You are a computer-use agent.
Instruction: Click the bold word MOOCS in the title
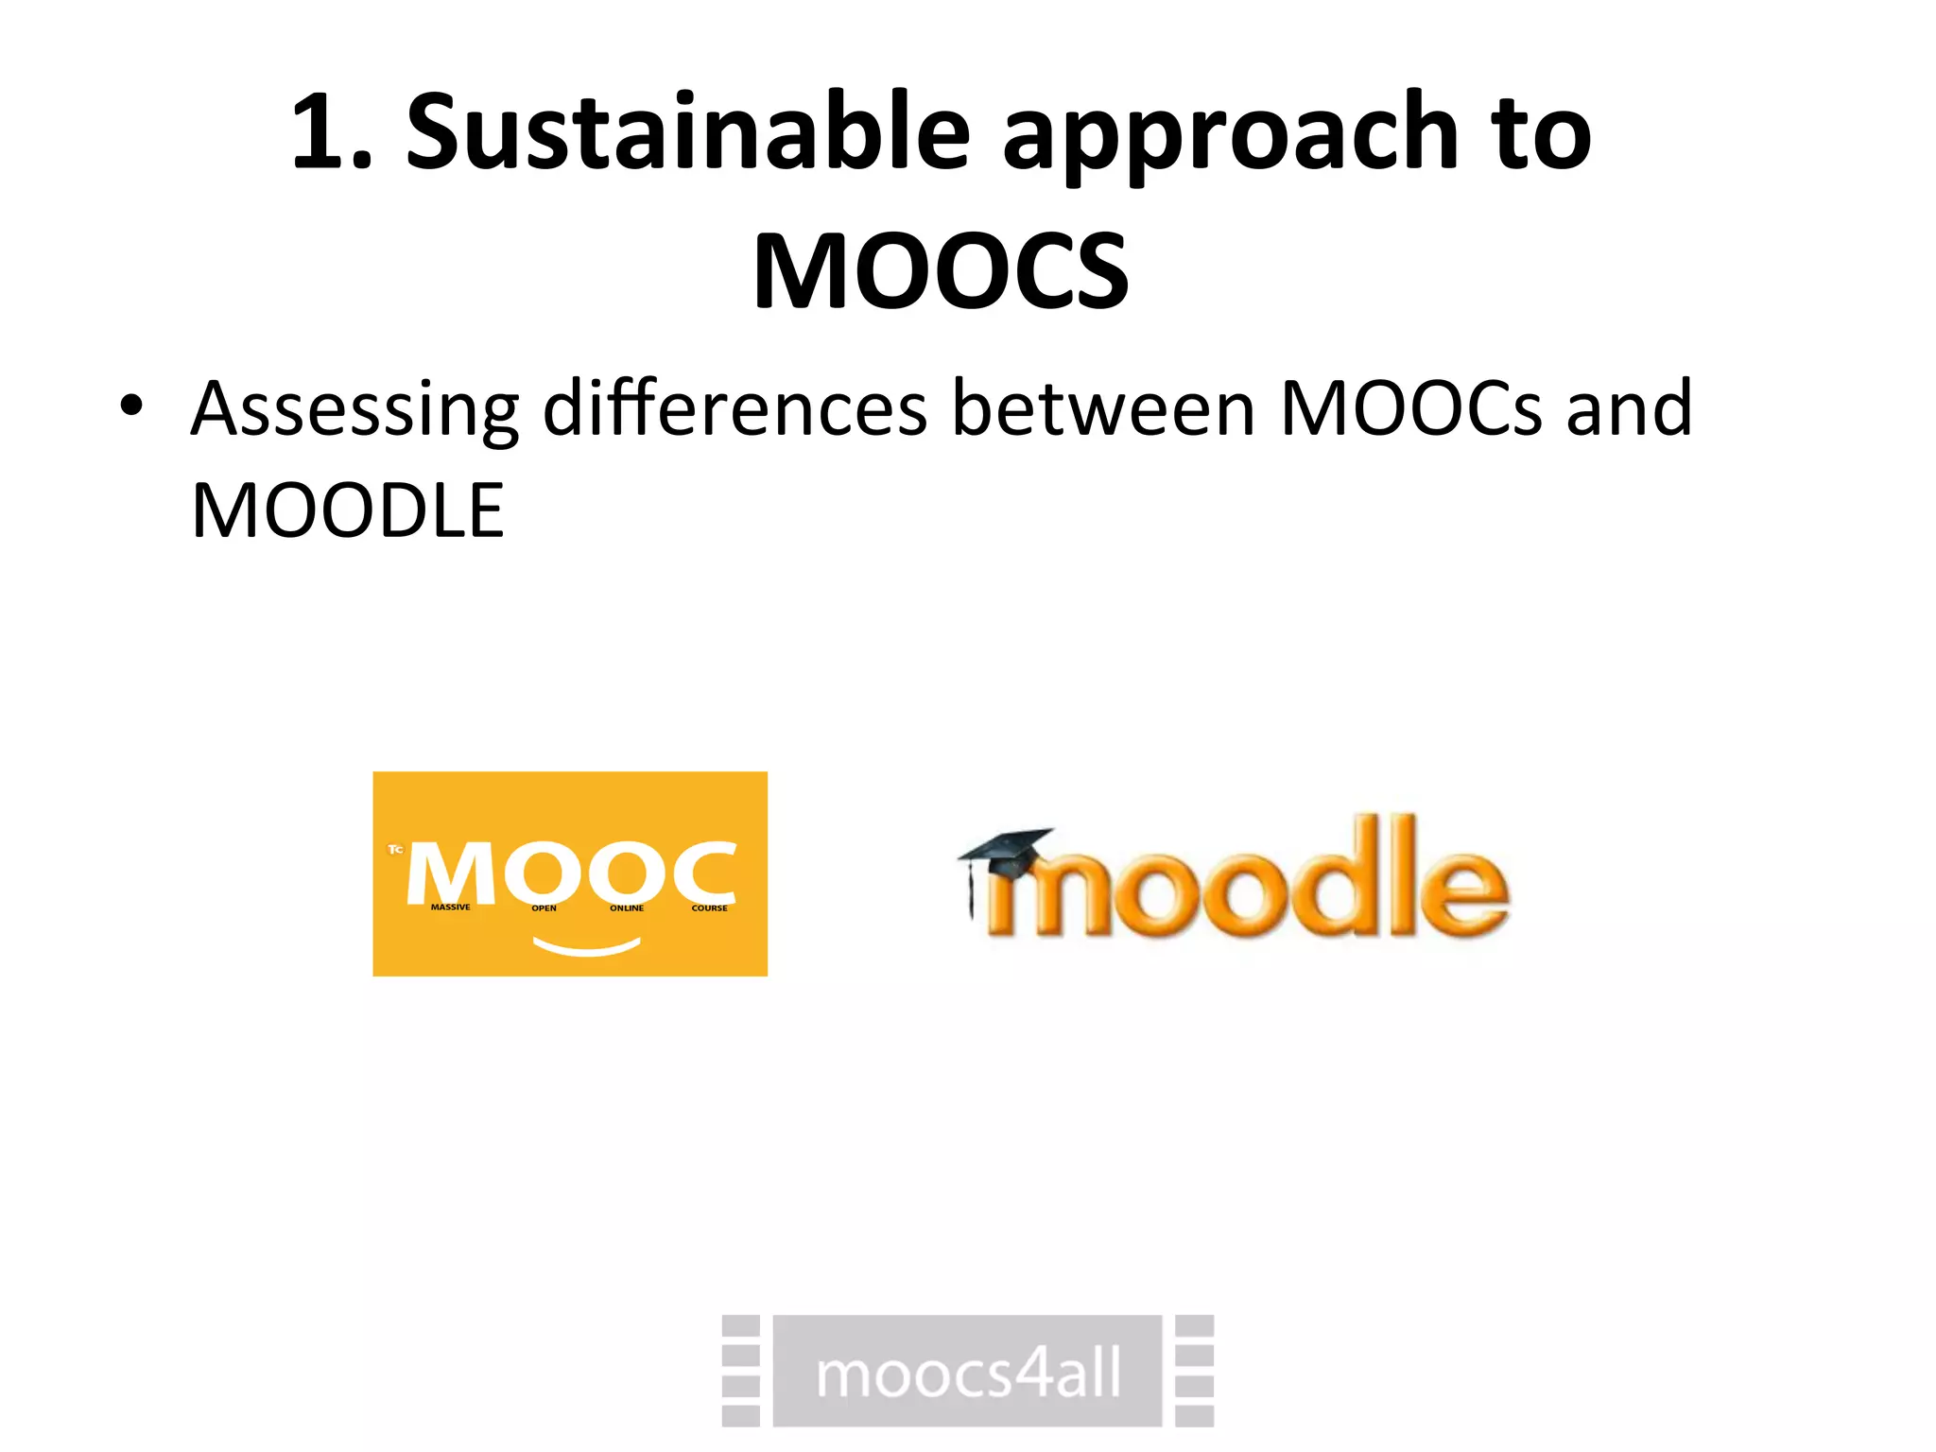coord(941,271)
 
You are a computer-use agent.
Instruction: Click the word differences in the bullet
coord(735,408)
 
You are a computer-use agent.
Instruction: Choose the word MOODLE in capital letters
coord(348,510)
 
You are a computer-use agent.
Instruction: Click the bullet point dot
coord(131,406)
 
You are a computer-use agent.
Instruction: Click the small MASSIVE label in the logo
coord(450,907)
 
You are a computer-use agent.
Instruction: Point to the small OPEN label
coord(544,908)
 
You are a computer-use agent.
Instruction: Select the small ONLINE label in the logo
coord(626,908)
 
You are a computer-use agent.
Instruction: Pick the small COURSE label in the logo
coord(709,908)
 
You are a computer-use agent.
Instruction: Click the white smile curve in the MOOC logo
coord(587,946)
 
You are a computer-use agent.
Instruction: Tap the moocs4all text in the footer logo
coord(968,1374)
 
